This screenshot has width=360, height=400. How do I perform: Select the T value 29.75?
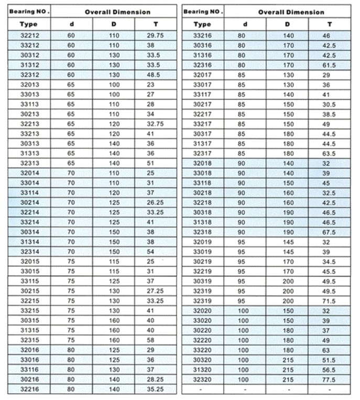click(x=154, y=35)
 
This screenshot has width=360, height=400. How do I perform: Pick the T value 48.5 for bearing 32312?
click(x=154, y=74)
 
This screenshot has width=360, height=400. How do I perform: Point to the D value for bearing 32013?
click(x=114, y=84)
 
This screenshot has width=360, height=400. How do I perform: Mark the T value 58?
click(x=154, y=340)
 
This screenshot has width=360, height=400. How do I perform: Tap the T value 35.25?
click(x=154, y=389)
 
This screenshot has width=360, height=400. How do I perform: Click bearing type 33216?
click(x=202, y=35)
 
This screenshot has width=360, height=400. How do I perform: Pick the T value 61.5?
click(x=329, y=64)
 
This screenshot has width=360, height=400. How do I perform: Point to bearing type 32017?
click(x=202, y=74)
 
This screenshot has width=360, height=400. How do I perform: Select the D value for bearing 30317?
click(x=287, y=134)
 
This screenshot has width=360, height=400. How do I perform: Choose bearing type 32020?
click(x=202, y=310)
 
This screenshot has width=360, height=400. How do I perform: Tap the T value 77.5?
click(x=329, y=379)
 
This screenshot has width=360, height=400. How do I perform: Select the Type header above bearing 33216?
click(x=202, y=24)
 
